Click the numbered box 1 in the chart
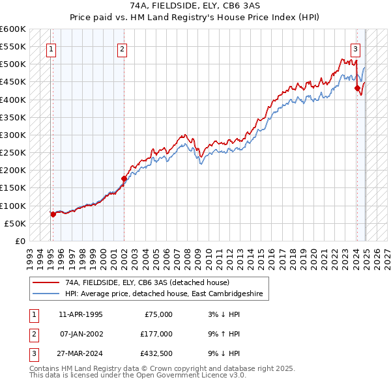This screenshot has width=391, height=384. point(51,48)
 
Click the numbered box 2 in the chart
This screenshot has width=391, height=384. point(123,48)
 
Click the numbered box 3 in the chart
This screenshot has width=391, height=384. point(355,48)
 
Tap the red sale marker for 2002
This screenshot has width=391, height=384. point(124,178)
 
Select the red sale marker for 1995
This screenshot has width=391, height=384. point(53,214)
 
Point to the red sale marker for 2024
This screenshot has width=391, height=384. point(357,88)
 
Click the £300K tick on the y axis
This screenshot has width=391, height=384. point(13,135)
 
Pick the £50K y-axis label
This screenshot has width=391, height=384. point(15,223)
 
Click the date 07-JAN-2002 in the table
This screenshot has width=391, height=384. point(81,334)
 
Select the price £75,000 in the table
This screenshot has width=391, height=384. point(157,314)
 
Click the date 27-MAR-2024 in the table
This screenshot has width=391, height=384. point(81,353)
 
